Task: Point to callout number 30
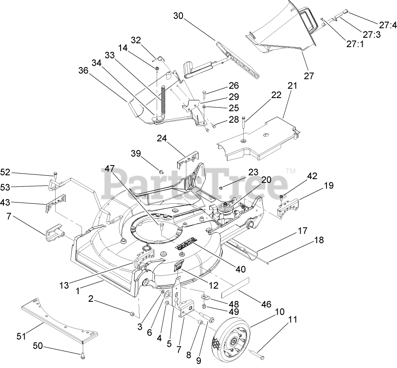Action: [178, 16]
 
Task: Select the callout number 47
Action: [110, 169]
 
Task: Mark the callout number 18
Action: [319, 241]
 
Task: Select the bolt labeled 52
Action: [55, 174]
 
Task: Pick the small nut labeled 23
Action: [222, 187]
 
